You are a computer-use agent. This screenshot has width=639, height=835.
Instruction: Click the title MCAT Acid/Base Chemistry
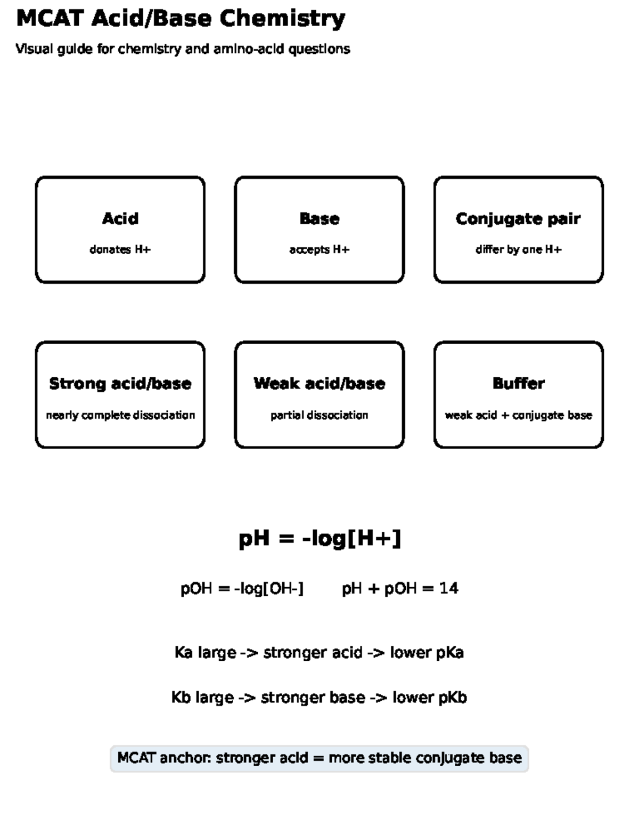[x=181, y=19]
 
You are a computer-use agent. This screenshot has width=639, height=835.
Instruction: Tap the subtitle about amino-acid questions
[x=183, y=49]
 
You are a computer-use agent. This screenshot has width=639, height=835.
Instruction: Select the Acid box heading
[x=120, y=218]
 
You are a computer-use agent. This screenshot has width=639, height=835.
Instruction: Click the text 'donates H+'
[x=120, y=249]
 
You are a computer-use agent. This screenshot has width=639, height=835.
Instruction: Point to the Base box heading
[x=319, y=218]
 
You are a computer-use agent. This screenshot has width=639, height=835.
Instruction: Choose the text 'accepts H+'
[x=319, y=250]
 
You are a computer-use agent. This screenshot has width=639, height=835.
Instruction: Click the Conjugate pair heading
[x=519, y=219]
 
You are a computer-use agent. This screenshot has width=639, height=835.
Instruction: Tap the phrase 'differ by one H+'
[x=519, y=250]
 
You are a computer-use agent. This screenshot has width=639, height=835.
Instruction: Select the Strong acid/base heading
[x=120, y=384]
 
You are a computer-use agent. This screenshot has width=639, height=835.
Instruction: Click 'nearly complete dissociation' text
[x=120, y=416]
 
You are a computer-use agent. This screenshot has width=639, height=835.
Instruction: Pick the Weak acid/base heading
[x=319, y=384]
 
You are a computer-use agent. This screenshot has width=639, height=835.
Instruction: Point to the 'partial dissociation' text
[x=319, y=416]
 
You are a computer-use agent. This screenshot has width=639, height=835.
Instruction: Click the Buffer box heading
[x=519, y=384]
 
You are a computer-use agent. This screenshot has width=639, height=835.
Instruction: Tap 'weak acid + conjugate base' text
[x=519, y=416]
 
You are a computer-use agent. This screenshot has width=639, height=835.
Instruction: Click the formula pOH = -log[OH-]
[x=242, y=589]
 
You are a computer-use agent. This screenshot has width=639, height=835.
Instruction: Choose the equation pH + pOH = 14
[x=400, y=589]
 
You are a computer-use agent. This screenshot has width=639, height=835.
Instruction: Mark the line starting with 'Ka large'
[x=319, y=653]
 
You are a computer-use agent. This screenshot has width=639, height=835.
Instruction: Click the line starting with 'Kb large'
[x=319, y=698]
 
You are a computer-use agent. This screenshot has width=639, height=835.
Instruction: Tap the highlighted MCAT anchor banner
[x=319, y=758]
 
